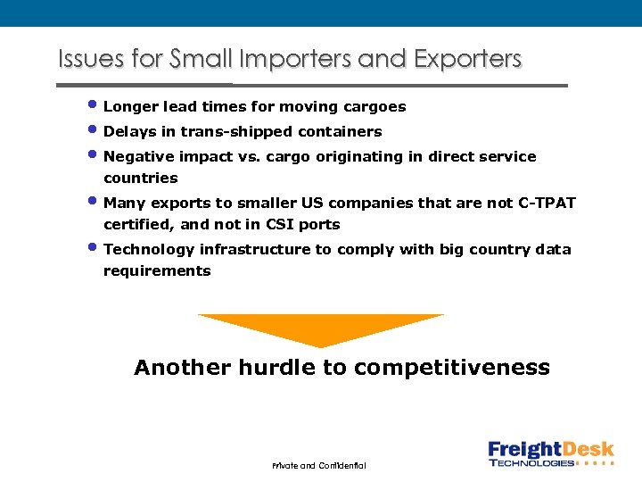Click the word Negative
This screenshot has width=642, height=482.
coord(137,157)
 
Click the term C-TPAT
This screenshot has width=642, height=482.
coord(547,204)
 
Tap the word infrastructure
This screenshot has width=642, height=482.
coord(255,250)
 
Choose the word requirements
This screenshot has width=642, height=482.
coord(157,271)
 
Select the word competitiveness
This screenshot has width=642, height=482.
coord(452,368)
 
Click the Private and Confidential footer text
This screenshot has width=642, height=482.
coord(319,465)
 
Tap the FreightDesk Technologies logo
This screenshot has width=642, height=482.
coord(550,453)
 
